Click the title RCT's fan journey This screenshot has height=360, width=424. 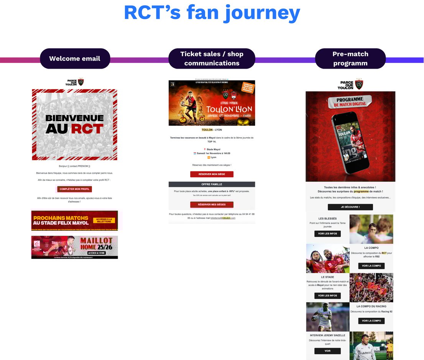coord(212,13)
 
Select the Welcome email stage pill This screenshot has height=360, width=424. coord(75,59)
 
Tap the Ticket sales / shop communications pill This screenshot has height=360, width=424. coord(212,59)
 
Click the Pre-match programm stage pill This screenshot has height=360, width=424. coord(350,59)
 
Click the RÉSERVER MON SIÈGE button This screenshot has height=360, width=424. coord(212,174)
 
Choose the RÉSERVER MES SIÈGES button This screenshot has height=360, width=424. coord(212,204)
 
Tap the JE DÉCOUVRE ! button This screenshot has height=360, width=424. coord(350,207)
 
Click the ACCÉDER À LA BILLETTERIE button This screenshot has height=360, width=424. coord(104,220)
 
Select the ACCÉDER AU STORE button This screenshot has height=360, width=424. coord(96,253)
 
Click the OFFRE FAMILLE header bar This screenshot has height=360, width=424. coord(212,184)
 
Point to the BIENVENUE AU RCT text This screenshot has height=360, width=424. coord(74,123)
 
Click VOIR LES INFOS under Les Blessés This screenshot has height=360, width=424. coord(327,233)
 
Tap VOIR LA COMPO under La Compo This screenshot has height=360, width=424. coord(371,266)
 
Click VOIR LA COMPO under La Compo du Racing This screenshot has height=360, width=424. coord(371,321)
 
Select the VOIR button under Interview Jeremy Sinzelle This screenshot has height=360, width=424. coord(327,351)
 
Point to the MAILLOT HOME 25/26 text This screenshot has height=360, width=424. coord(96,243)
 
